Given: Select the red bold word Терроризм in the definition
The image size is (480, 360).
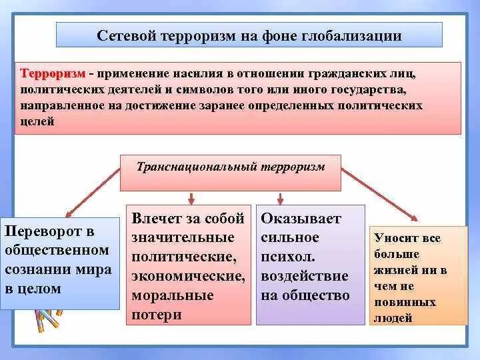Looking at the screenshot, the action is (52, 73).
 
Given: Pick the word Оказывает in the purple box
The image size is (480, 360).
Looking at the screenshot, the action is (301, 218).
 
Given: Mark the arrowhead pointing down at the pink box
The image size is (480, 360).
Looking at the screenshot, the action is (191, 200).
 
